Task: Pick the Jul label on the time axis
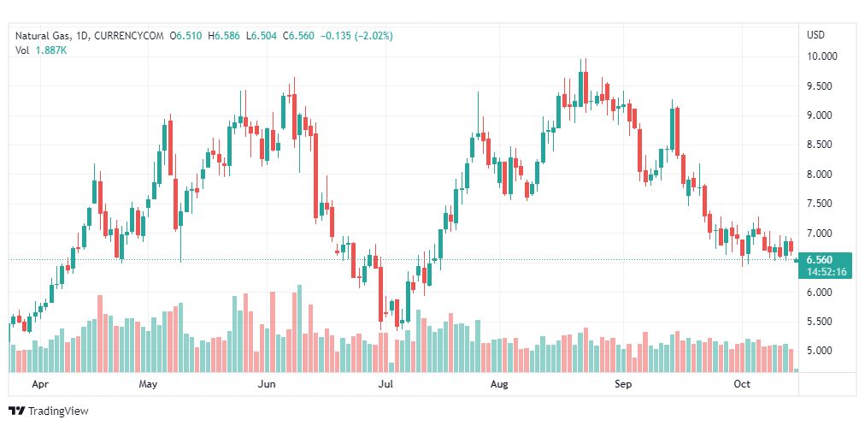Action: click(x=385, y=384)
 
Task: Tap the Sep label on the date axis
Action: click(x=623, y=384)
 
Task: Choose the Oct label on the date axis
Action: click(x=742, y=384)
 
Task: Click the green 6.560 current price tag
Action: click(x=824, y=260)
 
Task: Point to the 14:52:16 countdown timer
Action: click(x=824, y=271)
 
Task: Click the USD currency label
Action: click(x=815, y=35)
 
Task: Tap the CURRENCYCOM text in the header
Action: click(x=131, y=35)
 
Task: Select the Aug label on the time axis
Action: click(x=499, y=384)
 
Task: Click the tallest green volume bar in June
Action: click(x=299, y=328)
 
